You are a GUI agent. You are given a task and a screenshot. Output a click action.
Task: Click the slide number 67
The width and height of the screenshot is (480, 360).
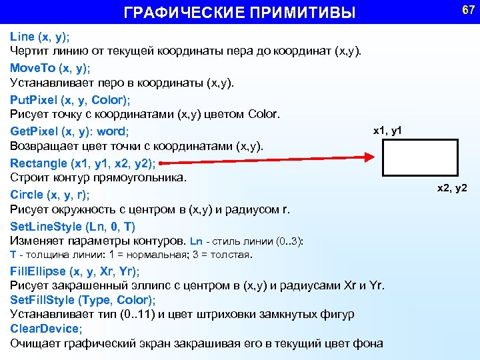click(467, 11)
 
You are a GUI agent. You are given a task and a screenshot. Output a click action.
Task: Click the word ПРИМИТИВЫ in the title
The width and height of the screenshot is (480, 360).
click(305, 13)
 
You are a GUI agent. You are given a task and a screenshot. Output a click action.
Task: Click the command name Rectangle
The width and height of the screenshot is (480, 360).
click(39, 163)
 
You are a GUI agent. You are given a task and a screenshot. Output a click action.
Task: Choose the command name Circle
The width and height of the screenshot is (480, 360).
click(26, 195)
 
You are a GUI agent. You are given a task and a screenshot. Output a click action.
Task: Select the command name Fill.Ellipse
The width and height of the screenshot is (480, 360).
click(37, 271)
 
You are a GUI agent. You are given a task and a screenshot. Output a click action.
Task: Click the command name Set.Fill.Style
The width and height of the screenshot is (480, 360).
click(42, 300)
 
